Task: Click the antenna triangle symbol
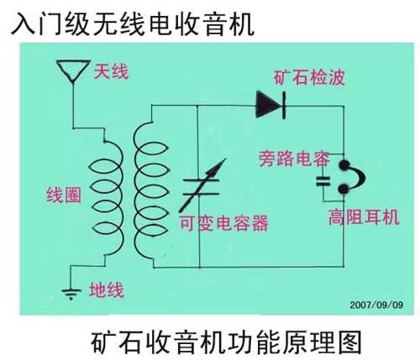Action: click(x=73, y=70)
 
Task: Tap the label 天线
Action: click(x=111, y=71)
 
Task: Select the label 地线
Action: click(x=107, y=290)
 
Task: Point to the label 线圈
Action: click(x=64, y=195)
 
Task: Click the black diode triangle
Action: click(x=268, y=105)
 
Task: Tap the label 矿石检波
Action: click(x=309, y=77)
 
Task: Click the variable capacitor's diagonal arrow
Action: click(x=202, y=185)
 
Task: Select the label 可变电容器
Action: click(x=223, y=223)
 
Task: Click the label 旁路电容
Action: click(x=294, y=159)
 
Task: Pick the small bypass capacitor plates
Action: click(x=323, y=181)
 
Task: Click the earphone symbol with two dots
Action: click(x=351, y=177)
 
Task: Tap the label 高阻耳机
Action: click(x=364, y=217)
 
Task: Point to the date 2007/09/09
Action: click(x=376, y=305)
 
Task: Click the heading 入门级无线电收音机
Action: click(x=133, y=23)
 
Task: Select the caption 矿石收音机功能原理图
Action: click(x=226, y=342)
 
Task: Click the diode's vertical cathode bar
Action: click(x=284, y=105)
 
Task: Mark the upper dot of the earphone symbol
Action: click(x=344, y=165)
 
